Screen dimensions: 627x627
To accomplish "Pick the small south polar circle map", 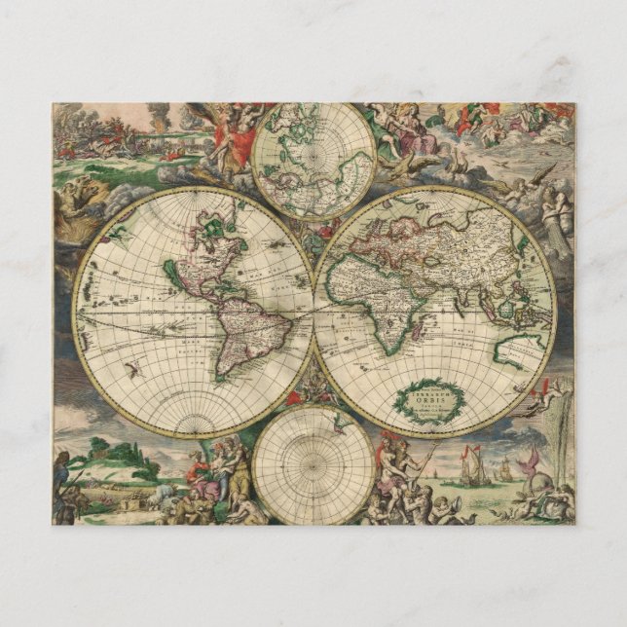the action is [313, 465].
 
